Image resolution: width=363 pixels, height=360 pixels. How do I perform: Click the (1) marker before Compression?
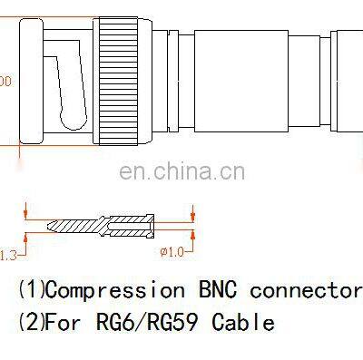[x=30, y=290]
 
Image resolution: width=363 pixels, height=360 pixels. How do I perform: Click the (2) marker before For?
[x=30, y=322]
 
